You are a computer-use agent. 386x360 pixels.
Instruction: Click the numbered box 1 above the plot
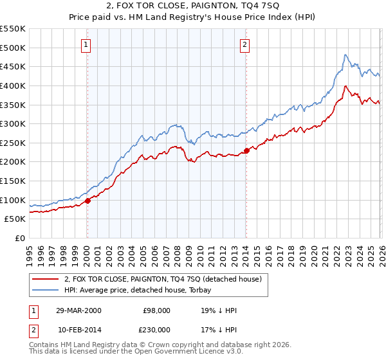tap(86, 44)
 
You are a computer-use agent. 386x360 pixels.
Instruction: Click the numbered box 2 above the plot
tap(245, 44)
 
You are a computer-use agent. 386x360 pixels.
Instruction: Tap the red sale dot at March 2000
tap(88, 201)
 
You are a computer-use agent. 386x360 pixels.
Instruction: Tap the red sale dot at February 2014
tap(246, 151)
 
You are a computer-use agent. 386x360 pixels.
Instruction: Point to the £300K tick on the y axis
tap(14, 123)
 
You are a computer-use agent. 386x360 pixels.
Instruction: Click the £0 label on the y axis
tap(20, 238)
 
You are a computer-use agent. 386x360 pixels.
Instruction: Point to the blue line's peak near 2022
tap(345, 55)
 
